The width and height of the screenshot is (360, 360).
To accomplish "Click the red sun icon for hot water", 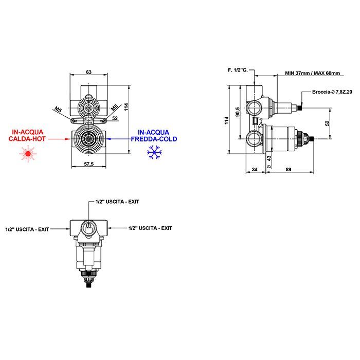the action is [28, 154].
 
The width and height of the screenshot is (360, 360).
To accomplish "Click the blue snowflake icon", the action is [154, 152].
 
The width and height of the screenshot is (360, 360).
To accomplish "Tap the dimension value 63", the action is [89, 72].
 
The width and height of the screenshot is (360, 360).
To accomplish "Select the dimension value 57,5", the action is [89, 164].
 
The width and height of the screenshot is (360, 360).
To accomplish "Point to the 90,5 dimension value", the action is [238, 112].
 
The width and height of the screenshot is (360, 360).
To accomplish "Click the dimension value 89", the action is [289, 169].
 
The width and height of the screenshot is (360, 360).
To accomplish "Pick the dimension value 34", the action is [255, 169].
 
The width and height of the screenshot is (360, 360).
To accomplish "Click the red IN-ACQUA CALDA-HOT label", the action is [27, 135].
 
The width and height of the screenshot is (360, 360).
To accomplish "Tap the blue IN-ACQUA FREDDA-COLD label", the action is [154, 136].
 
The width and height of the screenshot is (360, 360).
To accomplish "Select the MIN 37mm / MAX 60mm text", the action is [313, 73].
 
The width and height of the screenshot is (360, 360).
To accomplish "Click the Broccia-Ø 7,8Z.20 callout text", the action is [332, 92].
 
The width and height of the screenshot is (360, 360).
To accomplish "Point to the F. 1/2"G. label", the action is [238, 70].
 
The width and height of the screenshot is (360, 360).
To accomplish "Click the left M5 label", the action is [58, 109].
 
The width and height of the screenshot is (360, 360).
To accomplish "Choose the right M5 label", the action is [115, 107].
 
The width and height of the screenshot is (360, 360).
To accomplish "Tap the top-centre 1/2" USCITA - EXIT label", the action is [117, 202].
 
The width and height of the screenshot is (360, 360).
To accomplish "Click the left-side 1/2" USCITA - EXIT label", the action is [27, 229].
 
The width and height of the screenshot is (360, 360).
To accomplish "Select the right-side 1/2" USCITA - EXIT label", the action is [150, 228].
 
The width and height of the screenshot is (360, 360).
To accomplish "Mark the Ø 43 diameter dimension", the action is [269, 162].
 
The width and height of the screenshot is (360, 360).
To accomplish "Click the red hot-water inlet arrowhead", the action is [67, 139].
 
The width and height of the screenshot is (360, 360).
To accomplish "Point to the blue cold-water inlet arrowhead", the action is [109, 139].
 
